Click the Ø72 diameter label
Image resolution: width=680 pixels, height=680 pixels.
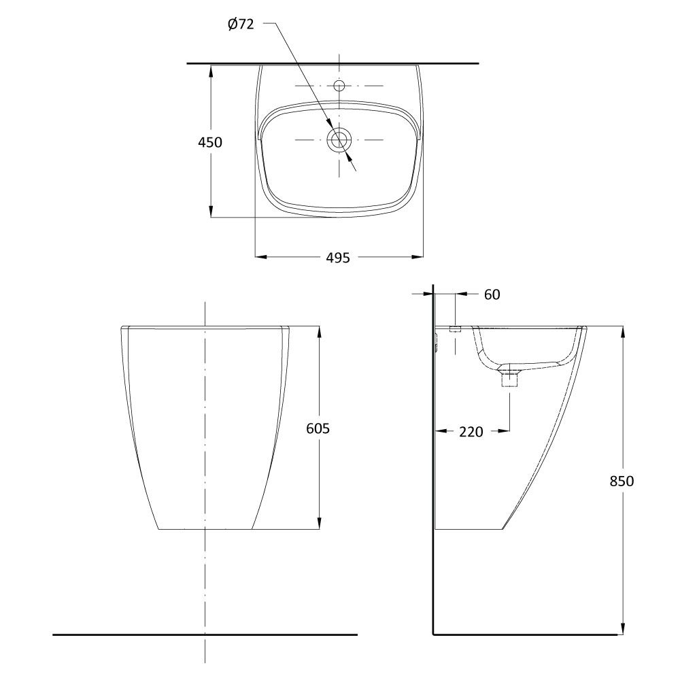tap(241, 24)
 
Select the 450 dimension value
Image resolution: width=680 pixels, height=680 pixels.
tap(210, 142)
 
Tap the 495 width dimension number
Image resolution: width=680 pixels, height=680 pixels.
tap(338, 258)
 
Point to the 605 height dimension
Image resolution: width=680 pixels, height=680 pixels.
tap(318, 428)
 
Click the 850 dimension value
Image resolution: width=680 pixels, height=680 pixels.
tap(622, 481)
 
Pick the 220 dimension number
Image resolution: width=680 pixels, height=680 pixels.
tap(471, 432)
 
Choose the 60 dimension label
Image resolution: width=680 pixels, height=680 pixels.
tap(492, 294)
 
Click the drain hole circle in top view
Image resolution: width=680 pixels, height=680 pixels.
tap(338, 139)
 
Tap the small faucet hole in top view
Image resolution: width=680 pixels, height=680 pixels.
tap(339, 84)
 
